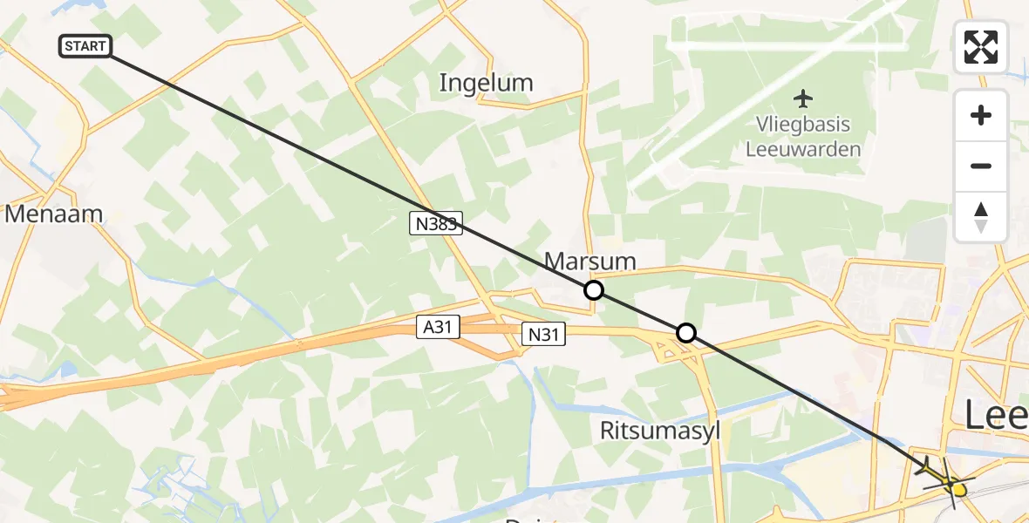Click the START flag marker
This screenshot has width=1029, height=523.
pyautogui.click(x=85, y=46)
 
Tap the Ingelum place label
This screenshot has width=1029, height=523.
pyautogui.click(x=486, y=83)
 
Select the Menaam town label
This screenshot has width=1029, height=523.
pyautogui.click(x=54, y=214)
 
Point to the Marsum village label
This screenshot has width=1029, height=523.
pyautogui.click(x=589, y=260)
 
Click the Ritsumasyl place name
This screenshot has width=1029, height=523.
pyautogui.click(x=660, y=430)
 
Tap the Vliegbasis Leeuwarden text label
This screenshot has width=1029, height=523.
pyautogui.click(x=803, y=137)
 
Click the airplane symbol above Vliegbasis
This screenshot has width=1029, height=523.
pyautogui.click(x=803, y=98)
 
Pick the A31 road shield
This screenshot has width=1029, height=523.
pyautogui.click(x=437, y=327)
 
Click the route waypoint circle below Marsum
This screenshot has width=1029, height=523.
pyautogui.click(x=593, y=289)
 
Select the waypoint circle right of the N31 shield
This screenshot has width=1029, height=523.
pyautogui.click(x=686, y=332)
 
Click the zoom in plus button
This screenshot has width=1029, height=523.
pyautogui.click(x=981, y=115)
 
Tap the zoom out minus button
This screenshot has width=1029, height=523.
pyautogui.click(x=981, y=166)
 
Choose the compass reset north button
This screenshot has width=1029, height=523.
pyautogui.click(x=981, y=216)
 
